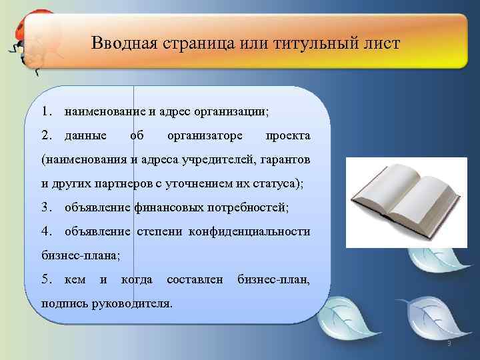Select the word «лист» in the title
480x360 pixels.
pyautogui.click(x=383, y=44)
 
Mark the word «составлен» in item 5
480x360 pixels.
pyautogui.click(x=194, y=279)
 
